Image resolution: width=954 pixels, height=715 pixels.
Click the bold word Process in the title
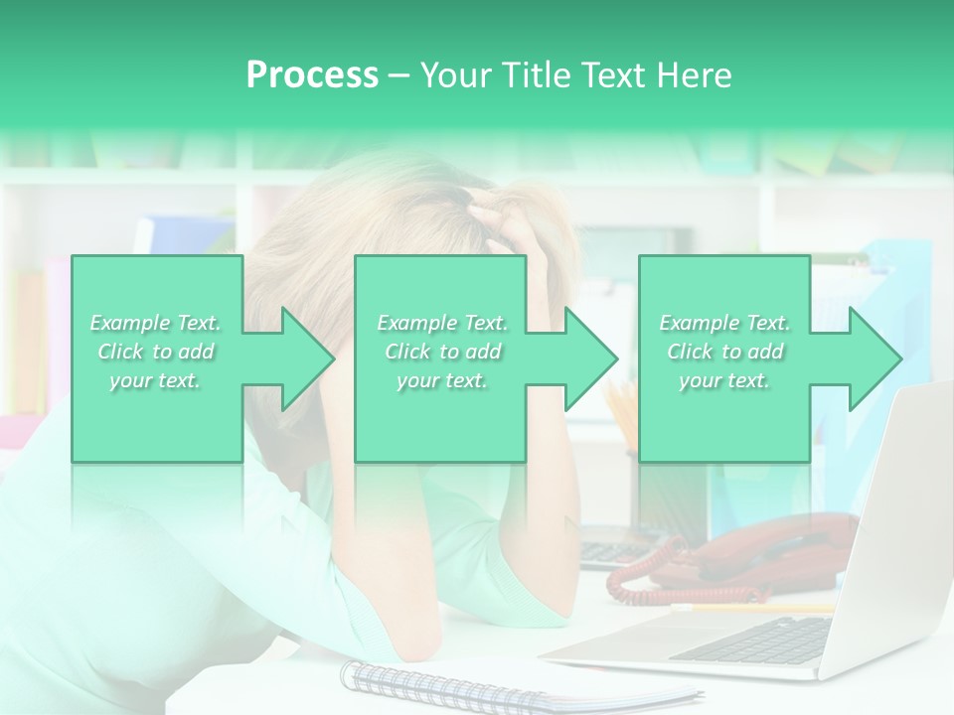(x=312, y=75)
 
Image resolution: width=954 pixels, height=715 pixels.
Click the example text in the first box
(x=156, y=352)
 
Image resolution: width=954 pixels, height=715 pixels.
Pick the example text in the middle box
(x=442, y=352)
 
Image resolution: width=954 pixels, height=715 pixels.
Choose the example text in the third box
(x=724, y=352)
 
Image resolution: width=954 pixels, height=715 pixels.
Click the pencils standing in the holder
(x=621, y=411)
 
